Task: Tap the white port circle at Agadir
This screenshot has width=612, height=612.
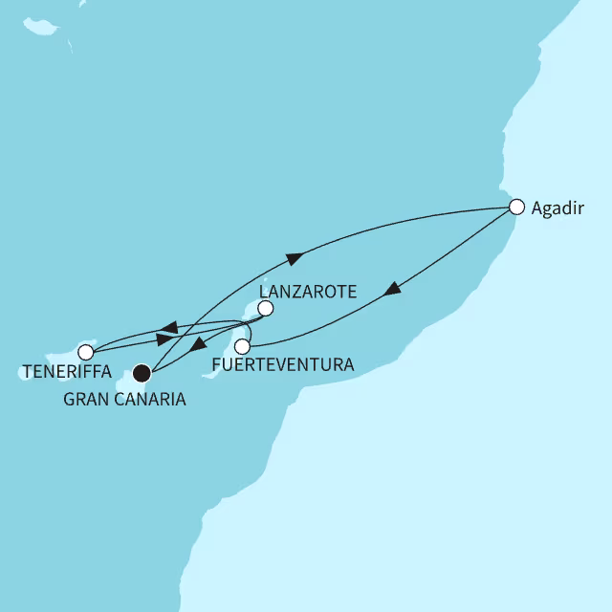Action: (516, 206)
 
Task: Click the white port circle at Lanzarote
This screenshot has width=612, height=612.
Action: (266, 308)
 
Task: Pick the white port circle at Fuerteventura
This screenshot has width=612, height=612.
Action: (243, 345)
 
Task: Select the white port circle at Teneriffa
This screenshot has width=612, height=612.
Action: (86, 352)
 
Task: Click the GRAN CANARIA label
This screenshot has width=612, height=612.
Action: (124, 400)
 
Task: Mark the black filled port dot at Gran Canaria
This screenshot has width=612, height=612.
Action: (142, 372)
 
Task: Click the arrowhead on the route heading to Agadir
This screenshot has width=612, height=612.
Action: (295, 256)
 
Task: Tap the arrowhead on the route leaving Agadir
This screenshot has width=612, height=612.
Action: (393, 290)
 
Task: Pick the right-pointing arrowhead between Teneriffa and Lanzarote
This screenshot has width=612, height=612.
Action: (164, 340)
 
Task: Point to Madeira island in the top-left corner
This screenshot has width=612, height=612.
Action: (39, 25)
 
